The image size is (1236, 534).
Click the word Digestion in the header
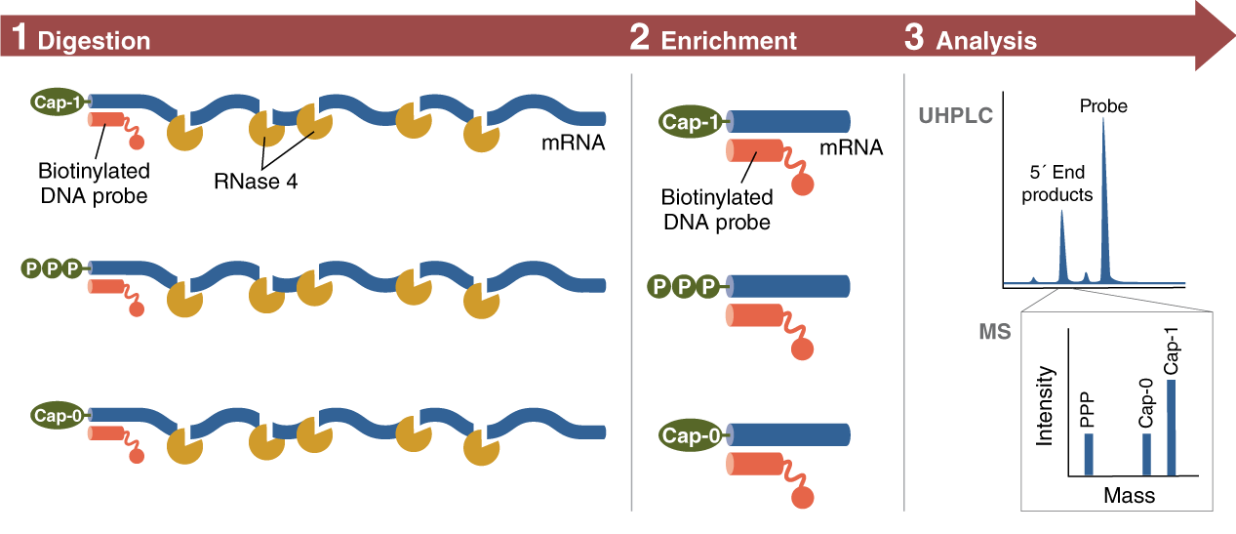pyautogui.click(x=94, y=41)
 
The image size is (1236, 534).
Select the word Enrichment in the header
pyautogui.click(x=729, y=41)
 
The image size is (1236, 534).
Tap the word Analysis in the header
pyautogui.click(x=986, y=41)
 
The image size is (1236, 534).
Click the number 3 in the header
pyautogui.click(x=913, y=39)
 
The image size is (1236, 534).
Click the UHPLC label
pyautogui.click(x=955, y=117)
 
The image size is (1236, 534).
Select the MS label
pyautogui.click(x=994, y=332)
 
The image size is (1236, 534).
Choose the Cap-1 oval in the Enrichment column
pyautogui.click(x=694, y=122)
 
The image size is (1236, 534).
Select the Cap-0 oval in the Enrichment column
pyautogui.click(x=694, y=435)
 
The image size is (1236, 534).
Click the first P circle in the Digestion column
pyautogui.click(x=30, y=267)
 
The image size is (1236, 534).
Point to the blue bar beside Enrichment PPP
pyautogui.click(x=790, y=286)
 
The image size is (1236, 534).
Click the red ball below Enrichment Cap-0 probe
pyautogui.click(x=802, y=498)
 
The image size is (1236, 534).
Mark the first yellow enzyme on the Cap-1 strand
pyautogui.click(x=182, y=134)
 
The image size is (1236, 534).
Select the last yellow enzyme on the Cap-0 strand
pyautogui.click(x=480, y=449)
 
